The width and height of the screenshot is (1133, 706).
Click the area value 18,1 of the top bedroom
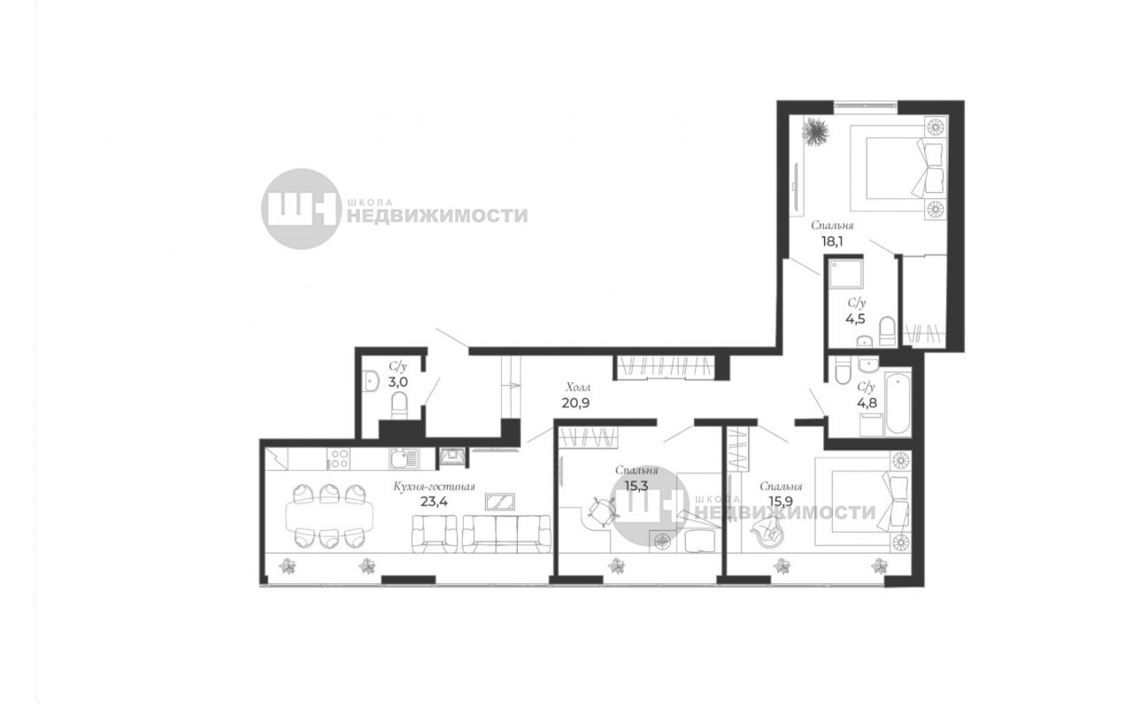[x=832, y=242]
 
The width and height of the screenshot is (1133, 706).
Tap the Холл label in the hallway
[x=578, y=388]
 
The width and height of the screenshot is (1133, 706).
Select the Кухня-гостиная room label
[x=434, y=487]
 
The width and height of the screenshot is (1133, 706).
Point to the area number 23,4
[x=434, y=501]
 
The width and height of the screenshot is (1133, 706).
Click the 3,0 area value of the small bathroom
[x=398, y=382]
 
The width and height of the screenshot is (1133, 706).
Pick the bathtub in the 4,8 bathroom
[x=898, y=403]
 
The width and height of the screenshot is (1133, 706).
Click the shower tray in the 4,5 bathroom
[x=844, y=274]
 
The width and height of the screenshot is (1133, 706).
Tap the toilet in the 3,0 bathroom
[x=399, y=405]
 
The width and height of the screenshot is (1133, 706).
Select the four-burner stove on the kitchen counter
[x=338, y=459]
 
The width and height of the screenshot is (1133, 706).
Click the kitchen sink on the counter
[x=404, y=458]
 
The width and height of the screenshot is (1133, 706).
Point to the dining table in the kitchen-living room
[x=329, y=516]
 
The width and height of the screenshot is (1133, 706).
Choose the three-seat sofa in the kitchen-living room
[x=506, y=534]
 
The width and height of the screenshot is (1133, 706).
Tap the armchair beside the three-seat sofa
[x=435, y=534]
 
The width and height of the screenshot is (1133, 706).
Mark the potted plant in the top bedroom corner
[x=815, y=132]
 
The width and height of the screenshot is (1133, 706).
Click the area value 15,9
[x=781, y=501]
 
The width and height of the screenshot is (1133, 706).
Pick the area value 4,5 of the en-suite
[x=855, y=319]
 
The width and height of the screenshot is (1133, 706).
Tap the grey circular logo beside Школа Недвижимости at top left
[x=302, y=209]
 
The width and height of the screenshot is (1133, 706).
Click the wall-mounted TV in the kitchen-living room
[x=500, y=502]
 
